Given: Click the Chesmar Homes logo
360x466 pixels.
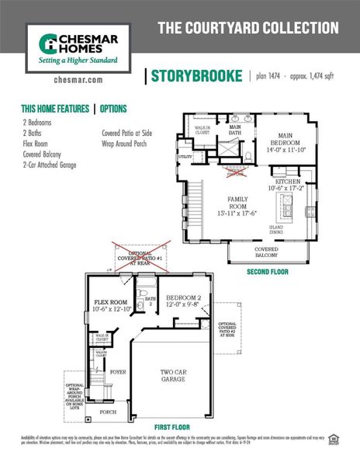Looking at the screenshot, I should pyautogui.click(x=72, y=48).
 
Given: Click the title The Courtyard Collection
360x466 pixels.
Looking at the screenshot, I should pyautogui.click(x=248, y=29).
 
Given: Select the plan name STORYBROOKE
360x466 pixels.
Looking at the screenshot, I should pyautogui.click(x=196, y=76).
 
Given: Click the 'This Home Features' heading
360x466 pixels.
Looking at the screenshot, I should pyautogui.click(x=54, y=110).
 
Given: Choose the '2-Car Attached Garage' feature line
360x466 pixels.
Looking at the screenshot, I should pyautogui.click(x=50, y=165).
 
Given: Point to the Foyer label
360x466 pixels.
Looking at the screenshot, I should pyautogui.click(x=117, y=372).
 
